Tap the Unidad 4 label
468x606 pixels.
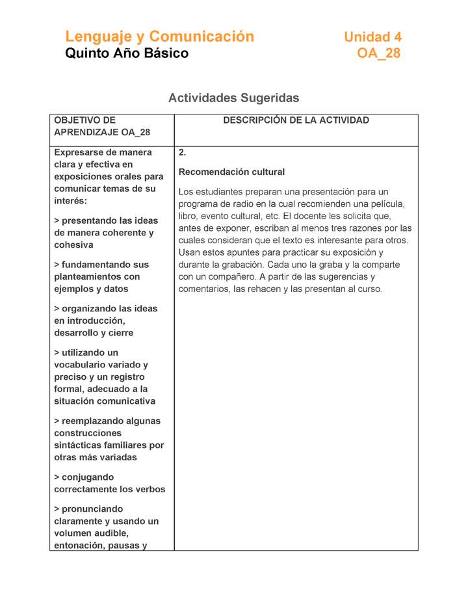pyautogui.click(x=372, y=37)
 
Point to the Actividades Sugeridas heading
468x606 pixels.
pyautogui.click(x=233, y=98)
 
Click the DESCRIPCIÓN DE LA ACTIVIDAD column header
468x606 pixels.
pyautogui.click(x=296, y=120)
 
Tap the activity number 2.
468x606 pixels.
pyautogui.click(x=183, y=153)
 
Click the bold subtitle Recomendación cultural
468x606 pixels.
pyautogui.click(x=231, y=172)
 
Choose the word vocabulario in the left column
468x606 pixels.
pyautogui.click(x=80, y=365)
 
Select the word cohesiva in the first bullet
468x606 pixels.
pyautogui.click(x=73, y=245)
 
